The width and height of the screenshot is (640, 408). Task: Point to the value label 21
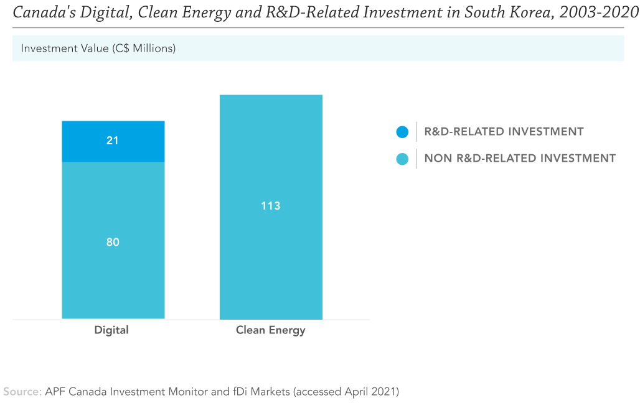coord(113,141)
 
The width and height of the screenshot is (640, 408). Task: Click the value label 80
coord(113,243)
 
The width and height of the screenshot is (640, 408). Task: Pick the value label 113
coord(271,206)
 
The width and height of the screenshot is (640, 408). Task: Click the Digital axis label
coord(111,330)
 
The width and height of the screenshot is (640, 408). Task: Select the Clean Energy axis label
coord(270,330)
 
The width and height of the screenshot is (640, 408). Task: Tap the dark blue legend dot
coord(402,132)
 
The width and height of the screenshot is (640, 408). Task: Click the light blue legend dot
coord(402,159)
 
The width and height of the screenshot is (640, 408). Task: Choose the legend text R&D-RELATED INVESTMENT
coord(504,132)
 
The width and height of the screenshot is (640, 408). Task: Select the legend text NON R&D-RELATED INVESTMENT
coord(520,159)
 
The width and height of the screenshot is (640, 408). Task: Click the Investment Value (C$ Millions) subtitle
coord(98,49)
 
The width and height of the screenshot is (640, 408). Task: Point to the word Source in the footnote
coord(22,392)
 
